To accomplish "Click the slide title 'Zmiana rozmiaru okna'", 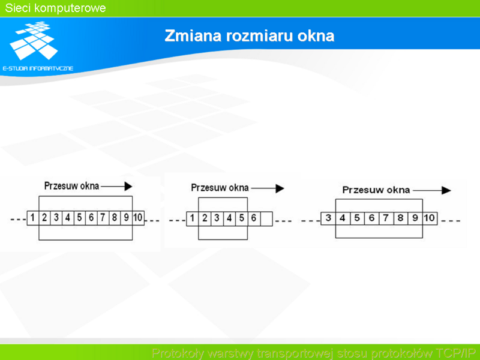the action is [x=249, y=36].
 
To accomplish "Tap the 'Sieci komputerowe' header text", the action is [x=55, y=8].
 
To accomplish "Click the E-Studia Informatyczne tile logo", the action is [x=34, y=40].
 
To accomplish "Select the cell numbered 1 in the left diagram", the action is [x=33, y=218].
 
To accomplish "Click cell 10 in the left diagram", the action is [x=138, y=218].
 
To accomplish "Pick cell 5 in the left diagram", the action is [x=80, y=218].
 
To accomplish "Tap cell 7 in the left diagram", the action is [x=103, y=218].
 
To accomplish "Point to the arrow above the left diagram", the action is [x=116, y=186].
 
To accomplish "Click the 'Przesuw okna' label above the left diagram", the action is [x=71, y=186].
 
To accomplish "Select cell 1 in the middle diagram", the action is [x=192, y=218].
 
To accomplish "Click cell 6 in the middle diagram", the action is [x=254, y=218].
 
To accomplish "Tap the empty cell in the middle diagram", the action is [x=266, y=218].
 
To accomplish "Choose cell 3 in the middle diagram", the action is [x=217, y=218].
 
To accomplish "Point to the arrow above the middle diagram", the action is [x=268, y=188].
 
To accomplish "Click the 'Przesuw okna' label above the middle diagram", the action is [x=220, y=188].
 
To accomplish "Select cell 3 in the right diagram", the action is [x=328, y=218].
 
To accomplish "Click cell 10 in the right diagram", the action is [x=430, y=218].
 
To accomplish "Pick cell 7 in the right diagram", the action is [x=386, y=218].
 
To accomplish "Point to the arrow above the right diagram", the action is [x=432, y=190].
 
